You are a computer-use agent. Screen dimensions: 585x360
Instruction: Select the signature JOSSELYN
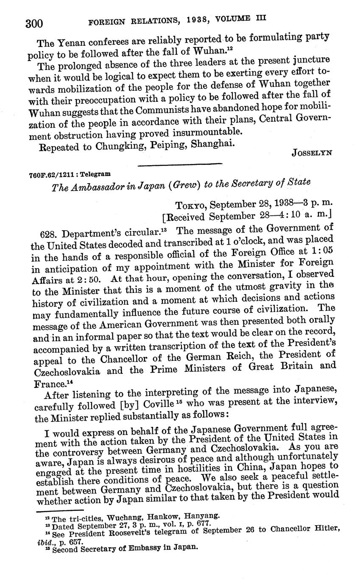pos(312,153)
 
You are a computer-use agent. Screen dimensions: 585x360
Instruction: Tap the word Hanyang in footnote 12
pos(203,516)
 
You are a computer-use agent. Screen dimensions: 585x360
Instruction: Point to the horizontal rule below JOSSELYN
pos(180,164)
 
